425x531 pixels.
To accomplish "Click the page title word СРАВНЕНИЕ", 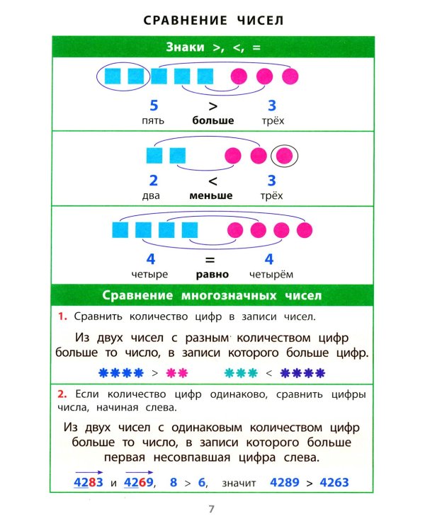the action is pyautogui.click(x=185, y=21).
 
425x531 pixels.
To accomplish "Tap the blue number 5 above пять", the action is pyautogui.click(x=154, y=105).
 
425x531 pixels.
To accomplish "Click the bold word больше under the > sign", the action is pyautogui.click(x=212, y=120).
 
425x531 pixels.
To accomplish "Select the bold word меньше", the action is pyautogui.click(x=211, y=195).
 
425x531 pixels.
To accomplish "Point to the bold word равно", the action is pyautogui.click(x=212, y=274).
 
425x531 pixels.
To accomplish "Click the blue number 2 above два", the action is pyautogui.click(x=154, y=181).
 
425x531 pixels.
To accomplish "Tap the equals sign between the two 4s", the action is pyautogui.click(x=210, y=260).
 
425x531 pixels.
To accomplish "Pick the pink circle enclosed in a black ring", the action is pyautogui.click(x=284, y=156).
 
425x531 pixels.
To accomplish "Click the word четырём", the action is pyautogui.click(x=271, y=274).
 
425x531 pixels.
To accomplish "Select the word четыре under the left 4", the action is pyautogui.click(x=149, y=274).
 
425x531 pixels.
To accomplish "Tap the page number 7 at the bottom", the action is pyautogui.click(x=212, y=509).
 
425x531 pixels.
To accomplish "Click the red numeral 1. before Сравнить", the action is pyautogui.click(x=62, y=316).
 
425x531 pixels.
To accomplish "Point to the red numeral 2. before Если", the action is pyautogui.click(x=62, y=394).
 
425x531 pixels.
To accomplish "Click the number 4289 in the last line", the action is pyautogui.click(x=285, y=482).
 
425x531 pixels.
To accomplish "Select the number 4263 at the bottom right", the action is pyautogui.click(x=334, y=482).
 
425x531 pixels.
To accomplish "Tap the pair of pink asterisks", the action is pyautogui.click(x=177, y=373).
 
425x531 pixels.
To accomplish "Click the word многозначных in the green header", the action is pyautogui.click(x=229, y=296).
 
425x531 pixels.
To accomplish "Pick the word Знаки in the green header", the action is pyautogui.click(x=185, y=47).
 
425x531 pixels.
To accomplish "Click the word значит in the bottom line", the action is pyautogui.click(x=239, y=484).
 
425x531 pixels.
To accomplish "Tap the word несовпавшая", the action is pyautogui.click(x=193, y=457).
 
